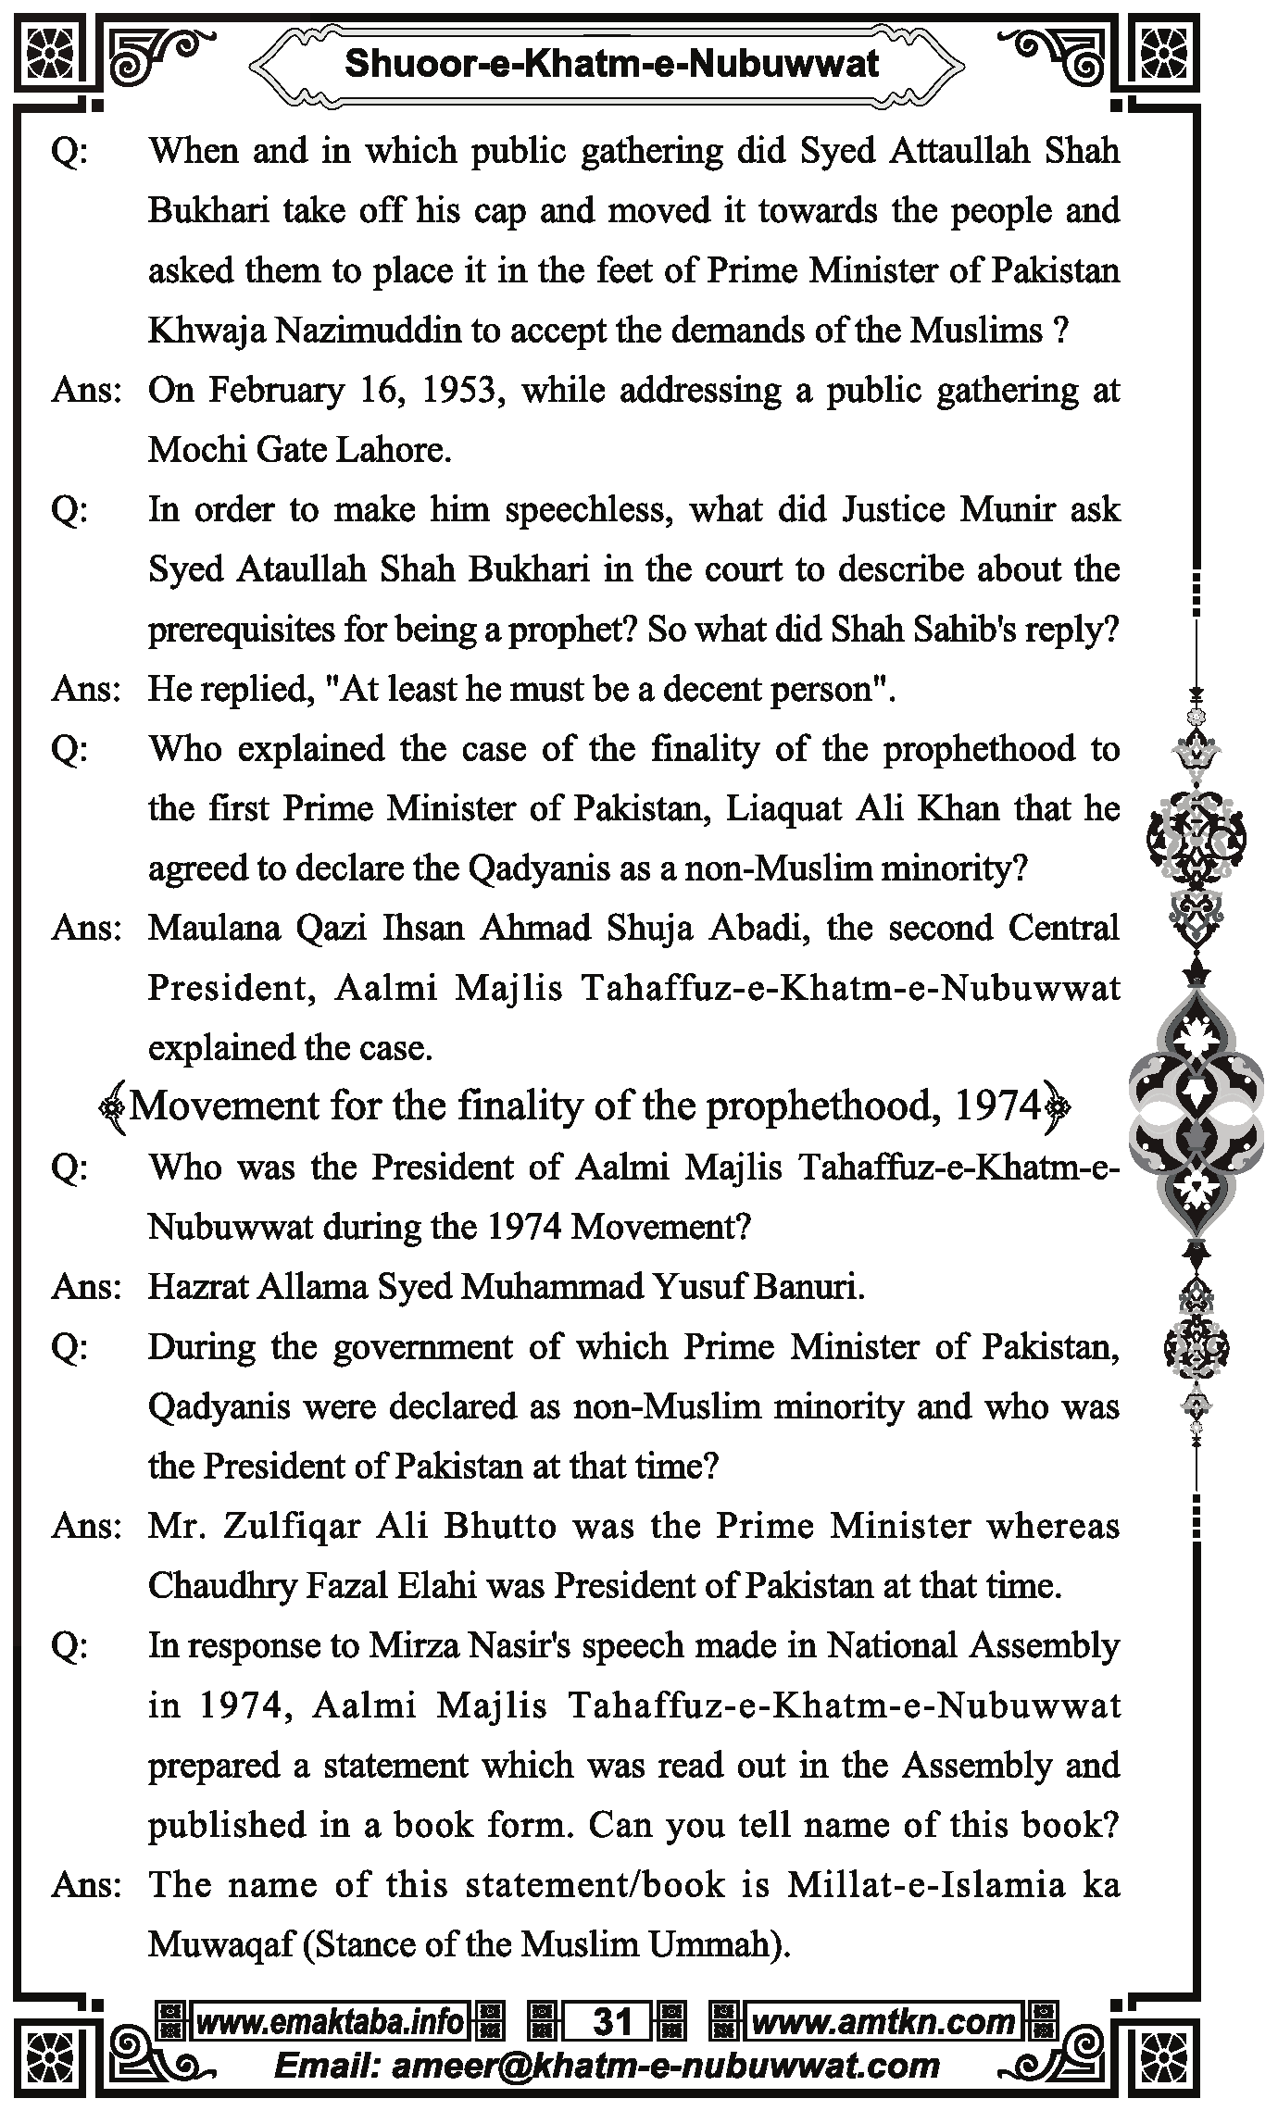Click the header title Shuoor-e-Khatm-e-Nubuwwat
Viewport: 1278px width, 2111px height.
(x=611, y=65)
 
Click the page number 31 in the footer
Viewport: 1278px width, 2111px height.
(x=611, y=2021)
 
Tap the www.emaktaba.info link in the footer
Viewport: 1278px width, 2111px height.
(x=329, y=2021)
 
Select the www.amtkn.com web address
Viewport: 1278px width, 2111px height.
(x=883, y=2021)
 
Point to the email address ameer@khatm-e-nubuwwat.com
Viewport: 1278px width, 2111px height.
(x=608, y=2065)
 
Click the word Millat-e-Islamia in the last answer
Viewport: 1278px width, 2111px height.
(x=923, y=1885)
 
